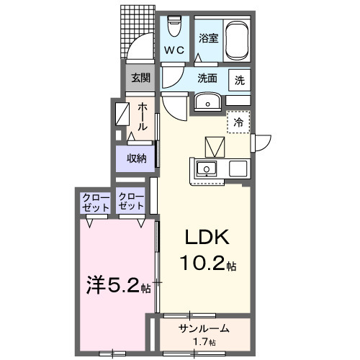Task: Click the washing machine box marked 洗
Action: tap(239, 80)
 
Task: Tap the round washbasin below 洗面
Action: tap(208, 102)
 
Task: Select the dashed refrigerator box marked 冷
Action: tap(238, 122)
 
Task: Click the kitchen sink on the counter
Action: tap(207, 170)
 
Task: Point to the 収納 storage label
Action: tap(137, 158)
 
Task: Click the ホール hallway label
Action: tap(143, 115)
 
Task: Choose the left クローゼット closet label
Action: tap(95, 202)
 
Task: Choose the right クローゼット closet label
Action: tap(131, 202)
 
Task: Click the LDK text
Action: tap(208, 238)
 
